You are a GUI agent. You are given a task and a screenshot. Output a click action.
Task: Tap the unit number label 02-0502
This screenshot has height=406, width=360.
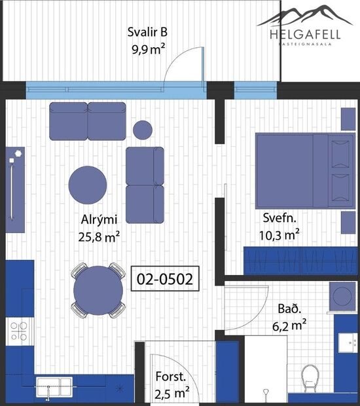coord(164,280)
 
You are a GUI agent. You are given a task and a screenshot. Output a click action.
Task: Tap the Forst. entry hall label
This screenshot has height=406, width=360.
coord(171,377)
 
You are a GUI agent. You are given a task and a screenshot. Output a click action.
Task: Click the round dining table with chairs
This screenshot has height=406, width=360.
coord(98,290)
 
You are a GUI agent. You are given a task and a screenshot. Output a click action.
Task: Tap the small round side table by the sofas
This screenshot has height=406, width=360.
coord(143,130)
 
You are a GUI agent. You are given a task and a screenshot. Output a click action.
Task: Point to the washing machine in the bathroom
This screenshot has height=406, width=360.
coord(343,296)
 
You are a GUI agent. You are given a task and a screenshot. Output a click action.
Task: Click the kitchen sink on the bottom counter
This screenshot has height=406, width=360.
coord(48,387)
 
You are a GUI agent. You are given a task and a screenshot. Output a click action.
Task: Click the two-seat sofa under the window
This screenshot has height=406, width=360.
coord(87,120)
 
